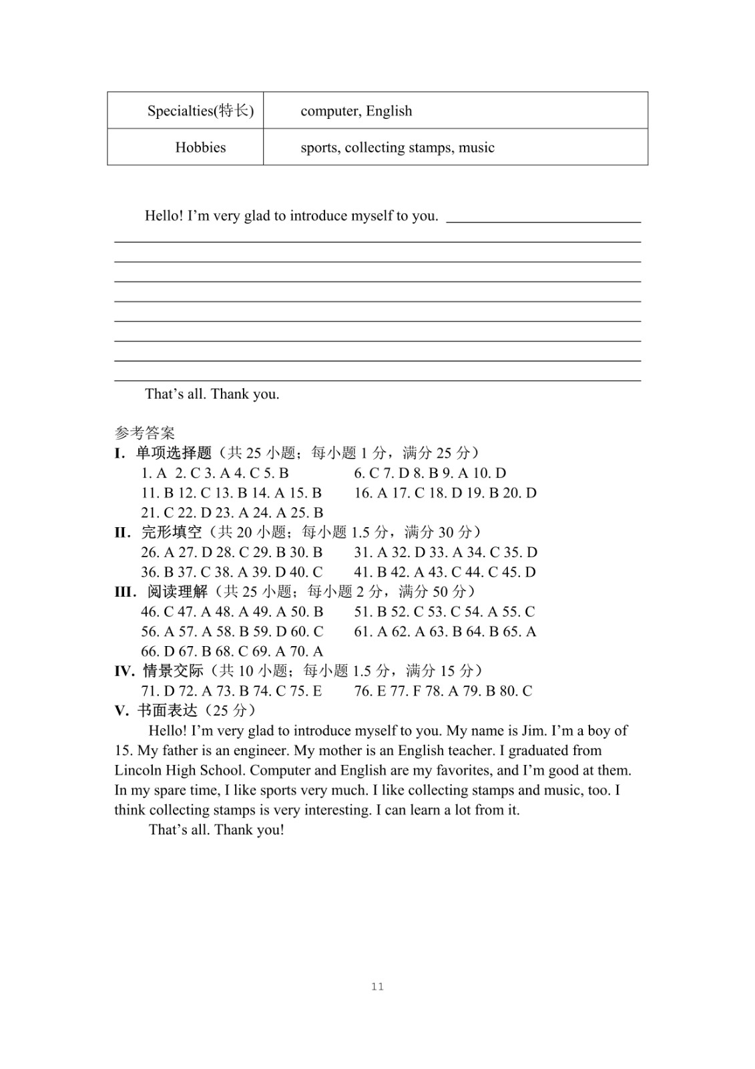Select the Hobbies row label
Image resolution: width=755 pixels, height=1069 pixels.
(x=200, y=148)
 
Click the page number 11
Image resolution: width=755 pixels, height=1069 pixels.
(x=377, y=987)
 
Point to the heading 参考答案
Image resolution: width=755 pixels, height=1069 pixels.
(x=144, y=434)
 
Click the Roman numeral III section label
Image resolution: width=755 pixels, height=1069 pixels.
(x=125, y=592)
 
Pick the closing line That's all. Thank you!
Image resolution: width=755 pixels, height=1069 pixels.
(x=216, y=830)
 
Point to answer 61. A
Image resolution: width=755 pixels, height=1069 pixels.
(x=370, y=631)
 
